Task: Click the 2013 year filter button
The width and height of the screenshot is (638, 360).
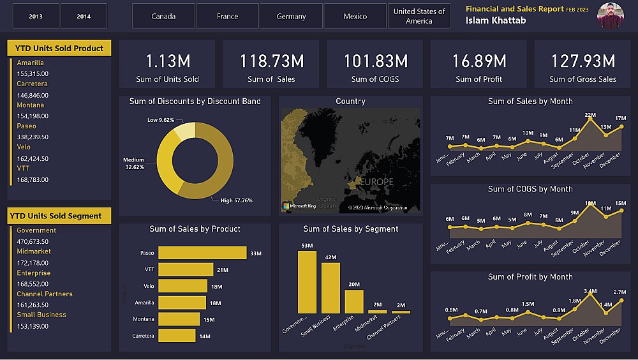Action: (x=36, y=16)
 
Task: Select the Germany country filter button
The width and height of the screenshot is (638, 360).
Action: (x=291, y=16)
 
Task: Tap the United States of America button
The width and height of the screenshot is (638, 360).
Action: (x=419, y=16)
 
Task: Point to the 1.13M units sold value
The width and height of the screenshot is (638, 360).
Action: (x=168, y=61)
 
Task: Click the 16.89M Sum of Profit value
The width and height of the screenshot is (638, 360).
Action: (x=478, y=61)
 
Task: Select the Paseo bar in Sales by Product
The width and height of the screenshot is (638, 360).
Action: (x=202, y=253)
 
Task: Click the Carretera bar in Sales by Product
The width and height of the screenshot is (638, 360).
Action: (x=177, y=336)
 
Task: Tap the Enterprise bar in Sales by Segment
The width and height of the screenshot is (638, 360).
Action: (x=354, y=301)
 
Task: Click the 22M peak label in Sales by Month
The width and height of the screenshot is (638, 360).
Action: (x=590, y=115)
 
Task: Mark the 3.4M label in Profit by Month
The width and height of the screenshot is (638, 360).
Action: (x=590, y=291)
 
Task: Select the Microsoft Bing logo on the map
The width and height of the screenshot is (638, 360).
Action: (x=299, y=206)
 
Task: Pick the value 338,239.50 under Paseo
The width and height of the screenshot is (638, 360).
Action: (x=33, y=137)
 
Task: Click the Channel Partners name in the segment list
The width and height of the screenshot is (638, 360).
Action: (x=45, y=294)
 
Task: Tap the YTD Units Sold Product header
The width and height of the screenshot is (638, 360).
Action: (x=59, y=49)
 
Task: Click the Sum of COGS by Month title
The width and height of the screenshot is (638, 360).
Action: (x=530, y=189)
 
